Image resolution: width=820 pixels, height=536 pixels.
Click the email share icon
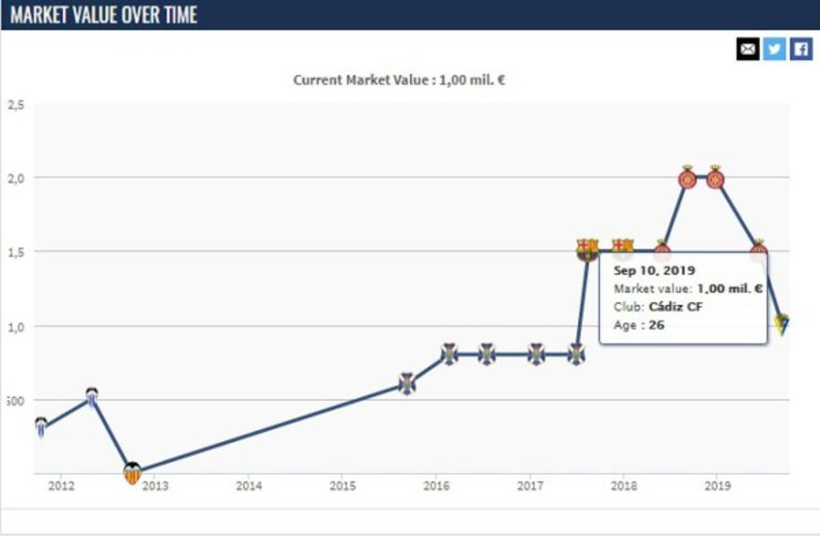click(748, 49)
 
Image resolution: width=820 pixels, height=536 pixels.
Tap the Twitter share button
click(774, 49)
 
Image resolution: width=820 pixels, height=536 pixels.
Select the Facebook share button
click(800, 49)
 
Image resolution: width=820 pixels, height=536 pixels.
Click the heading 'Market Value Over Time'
click(103, 15)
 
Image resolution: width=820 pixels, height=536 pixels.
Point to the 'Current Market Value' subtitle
click(399, 80)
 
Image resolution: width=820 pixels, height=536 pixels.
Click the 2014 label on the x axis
click(248, 486)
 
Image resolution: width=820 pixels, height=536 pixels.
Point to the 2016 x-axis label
click(436, 486)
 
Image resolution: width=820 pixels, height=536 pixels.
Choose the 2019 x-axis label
click(717, 486)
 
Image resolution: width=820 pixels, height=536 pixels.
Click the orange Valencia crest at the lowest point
click(132, 473)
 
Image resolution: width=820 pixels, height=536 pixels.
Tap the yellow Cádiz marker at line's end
click(782, 323)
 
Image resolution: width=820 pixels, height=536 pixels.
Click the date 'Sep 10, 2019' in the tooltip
click(654, 271)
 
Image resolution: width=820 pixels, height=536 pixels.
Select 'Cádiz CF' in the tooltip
click(675, 307)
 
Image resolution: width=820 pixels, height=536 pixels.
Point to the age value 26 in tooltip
click(657, 325)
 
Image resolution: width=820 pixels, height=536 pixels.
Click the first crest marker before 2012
click(41, 427)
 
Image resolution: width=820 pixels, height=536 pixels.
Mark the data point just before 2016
click(407, 384)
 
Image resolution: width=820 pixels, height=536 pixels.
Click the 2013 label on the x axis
click(154, 486)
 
